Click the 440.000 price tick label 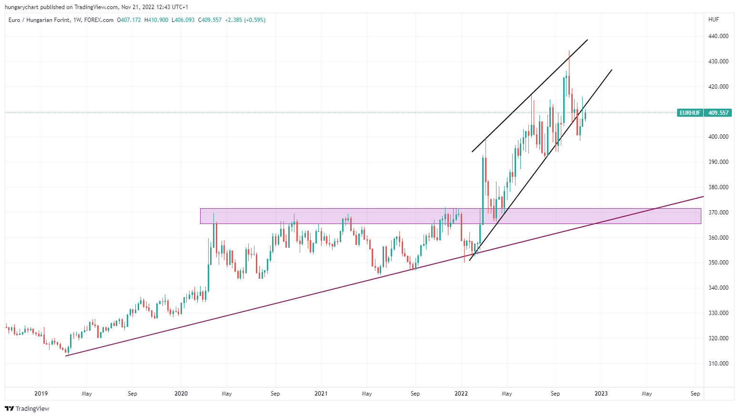pyautogui.click(x=719, y=36)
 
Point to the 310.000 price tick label pyautogui.click(x=719, y=364)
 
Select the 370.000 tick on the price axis pyautogui.click(x=719, y=213)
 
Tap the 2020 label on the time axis pyautogui.click(x=181, y=394)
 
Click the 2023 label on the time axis pyautogui.click(x=601, y=394)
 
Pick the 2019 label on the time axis pyautogui.click(x=41, y=394)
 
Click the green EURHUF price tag pyautogui.click(x=690, y=113)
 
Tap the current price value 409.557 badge pyautogui.click(x=719, y=113)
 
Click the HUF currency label pyautogui.click(x=714, y=20)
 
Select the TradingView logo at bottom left pyautogui.click(x=27, y=408)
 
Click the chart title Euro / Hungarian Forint pyautogui.click(x=39, y=20)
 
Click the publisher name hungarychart pyautogui.click(x=21, y=7)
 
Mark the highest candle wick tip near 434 pyautogui.click(x=569, y=51)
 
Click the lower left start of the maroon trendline pyautogui.click(x=66, y=356)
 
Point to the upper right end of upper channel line pyautogui.click(x=587, y=40)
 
